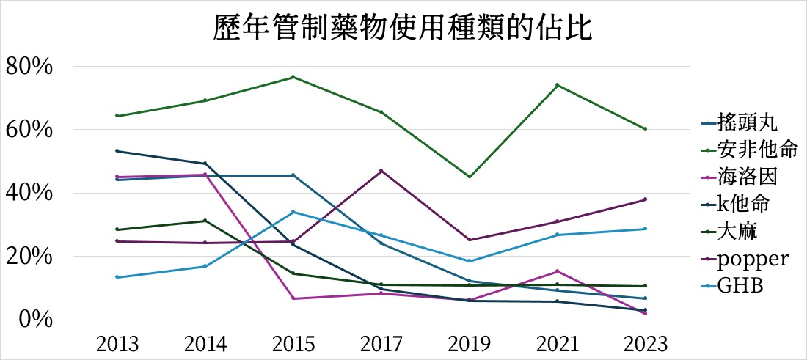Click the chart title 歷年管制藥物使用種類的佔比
pyautogui.click(x=403, y=30)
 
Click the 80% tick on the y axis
pyautogui.click(x=29, y=67)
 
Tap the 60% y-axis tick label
pyautogui.click(x=29, y=130)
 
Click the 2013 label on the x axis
pyautogui.click(x=117, y=344)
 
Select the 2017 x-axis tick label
pyautogui.click(x=381, y=344)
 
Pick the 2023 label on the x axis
pyautogui.click(x=645, y=344)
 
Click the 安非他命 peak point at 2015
pyautogui.click(x=293, y=77)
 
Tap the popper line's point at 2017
pyautogui.click(x=381, y=171)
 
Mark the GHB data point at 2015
pyautogui.click(x=293, y=212)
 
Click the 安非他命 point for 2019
pyautogui.click(x=469, y=177)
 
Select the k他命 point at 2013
pyautogui.click(x=117, y=151)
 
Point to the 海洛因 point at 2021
pyautogui.click(x=557, y=271)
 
